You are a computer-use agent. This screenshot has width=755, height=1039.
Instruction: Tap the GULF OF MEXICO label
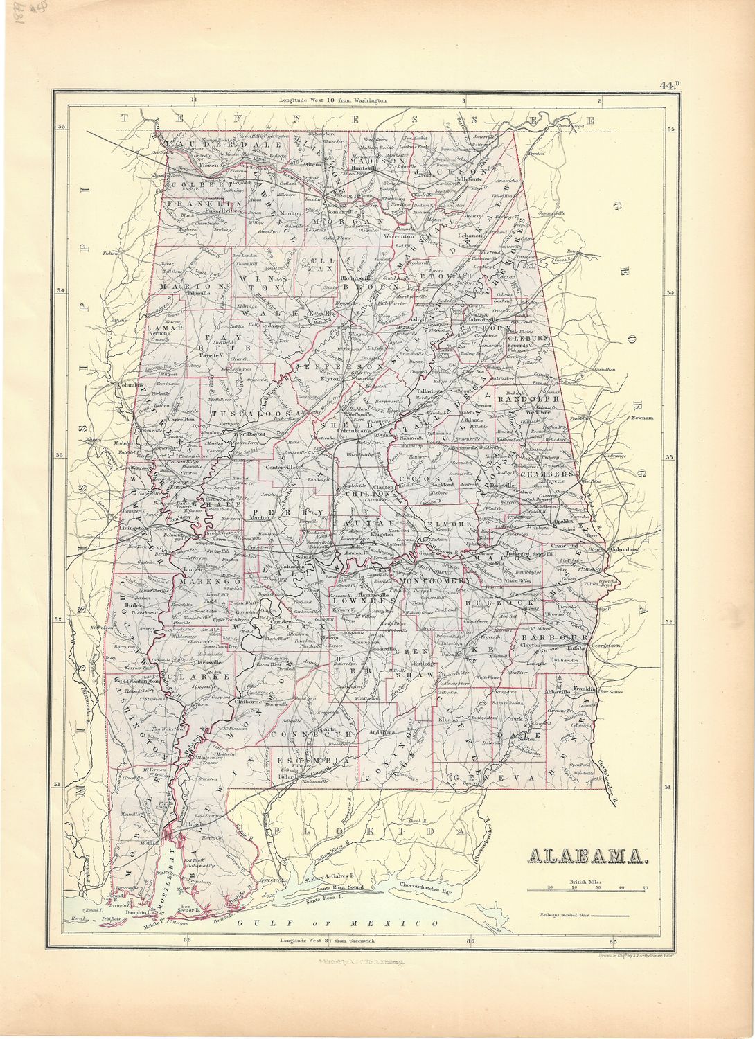pyautogui.click(x=336, y=924)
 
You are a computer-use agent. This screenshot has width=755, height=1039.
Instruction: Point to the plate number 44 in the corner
pyautogui.click(x=669, y=86)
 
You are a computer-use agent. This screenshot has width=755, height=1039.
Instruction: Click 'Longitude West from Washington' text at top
pyautogui.click(x=333, y=100)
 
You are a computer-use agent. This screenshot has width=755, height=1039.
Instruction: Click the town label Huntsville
pyautogui.click(x=366, y=168)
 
